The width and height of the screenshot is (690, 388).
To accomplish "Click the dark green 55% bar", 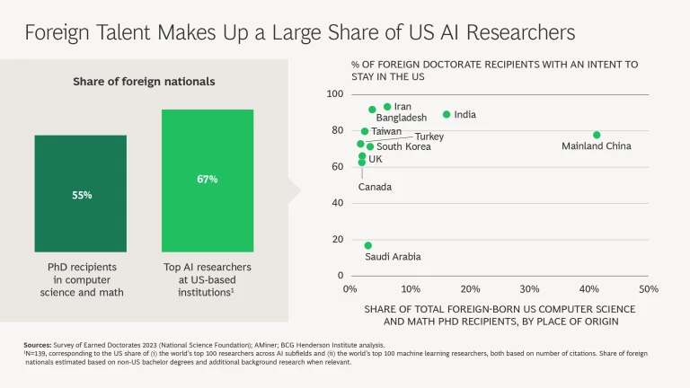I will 81,193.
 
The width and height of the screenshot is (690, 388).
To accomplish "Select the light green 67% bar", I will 208,180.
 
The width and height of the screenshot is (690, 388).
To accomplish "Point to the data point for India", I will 447,114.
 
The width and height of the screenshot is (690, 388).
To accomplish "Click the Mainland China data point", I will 597,135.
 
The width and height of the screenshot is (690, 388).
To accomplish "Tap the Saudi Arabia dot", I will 367,245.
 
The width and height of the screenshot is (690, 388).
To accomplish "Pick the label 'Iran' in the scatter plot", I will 402,107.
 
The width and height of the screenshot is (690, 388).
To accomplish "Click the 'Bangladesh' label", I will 402,118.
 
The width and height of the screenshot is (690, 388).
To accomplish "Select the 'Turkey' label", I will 429,137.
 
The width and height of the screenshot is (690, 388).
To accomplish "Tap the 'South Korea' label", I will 403,147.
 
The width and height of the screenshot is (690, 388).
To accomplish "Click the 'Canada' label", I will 375,187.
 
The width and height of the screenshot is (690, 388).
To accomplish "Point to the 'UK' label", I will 376,159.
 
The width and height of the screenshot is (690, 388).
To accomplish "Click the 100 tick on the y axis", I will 334,94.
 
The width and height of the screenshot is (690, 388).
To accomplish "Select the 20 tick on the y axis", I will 337,239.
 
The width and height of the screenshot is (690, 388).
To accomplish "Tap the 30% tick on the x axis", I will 529,289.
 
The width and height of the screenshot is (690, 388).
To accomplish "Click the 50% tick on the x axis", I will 649,289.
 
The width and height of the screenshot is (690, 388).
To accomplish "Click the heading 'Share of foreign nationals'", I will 144,82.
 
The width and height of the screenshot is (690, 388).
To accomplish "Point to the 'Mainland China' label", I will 597,146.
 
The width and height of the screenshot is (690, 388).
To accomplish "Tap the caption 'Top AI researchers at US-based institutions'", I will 208,279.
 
